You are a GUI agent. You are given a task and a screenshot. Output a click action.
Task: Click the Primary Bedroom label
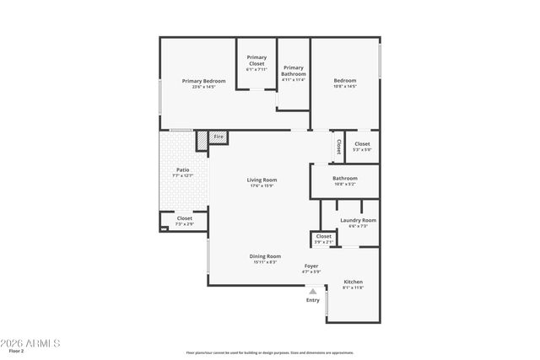(x=204, y=81)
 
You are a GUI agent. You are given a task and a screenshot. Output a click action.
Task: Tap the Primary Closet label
(x=256, y=60)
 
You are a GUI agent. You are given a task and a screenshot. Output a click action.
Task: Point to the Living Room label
(x=262, y=180)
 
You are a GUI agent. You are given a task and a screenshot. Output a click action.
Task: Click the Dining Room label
(x=265, y=256)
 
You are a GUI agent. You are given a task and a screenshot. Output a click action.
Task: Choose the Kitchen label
(x=353, y=282)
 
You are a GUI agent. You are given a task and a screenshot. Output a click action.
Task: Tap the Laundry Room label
(x=358, y=220)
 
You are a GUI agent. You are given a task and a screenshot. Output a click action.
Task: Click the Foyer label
(x=311, y=266)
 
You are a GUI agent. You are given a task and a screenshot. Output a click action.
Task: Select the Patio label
(x=183, y=170)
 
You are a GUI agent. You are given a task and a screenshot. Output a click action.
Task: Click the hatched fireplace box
(x=202, y=141)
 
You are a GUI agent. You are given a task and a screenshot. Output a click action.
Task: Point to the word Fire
(x=218, y=137)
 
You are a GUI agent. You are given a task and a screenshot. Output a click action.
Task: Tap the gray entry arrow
(x=312, y=291)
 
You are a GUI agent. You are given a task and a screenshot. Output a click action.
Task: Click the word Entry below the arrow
(x=312, y=300)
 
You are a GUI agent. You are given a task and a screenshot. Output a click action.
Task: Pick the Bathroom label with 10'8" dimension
(x=344, y=178)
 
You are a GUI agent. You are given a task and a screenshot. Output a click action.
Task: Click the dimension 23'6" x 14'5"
(x=204, y=87)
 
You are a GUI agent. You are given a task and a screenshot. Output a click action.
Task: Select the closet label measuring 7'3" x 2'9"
(x=184, y=218)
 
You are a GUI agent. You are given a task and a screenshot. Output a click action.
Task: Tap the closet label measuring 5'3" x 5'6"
(x=361, y=144)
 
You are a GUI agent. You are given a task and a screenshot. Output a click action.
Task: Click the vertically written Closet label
(x=338, y=147)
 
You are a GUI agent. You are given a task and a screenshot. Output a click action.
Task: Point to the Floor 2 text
(x=17, y=351)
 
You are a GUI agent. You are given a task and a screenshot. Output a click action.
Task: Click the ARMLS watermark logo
(x=31, y=343)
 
